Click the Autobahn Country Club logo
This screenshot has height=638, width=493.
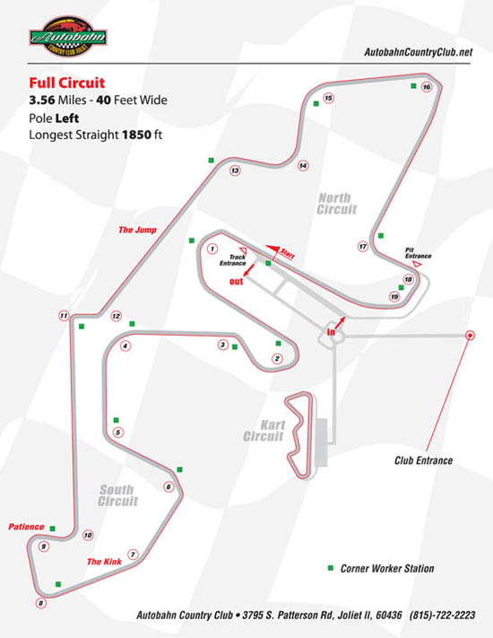click(x=68, y=36)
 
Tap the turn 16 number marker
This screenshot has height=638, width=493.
click(x=427, y=87)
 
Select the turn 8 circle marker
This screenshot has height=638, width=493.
click(x=40, y=603)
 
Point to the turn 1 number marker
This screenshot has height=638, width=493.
click(x=212, y=249)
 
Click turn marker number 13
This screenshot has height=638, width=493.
click(x=235, y=170)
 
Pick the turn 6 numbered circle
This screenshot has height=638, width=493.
click(x=169, y=486)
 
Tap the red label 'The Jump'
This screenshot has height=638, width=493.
click(x=137, y=230)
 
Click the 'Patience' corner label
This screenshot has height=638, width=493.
click(x=26, y=527)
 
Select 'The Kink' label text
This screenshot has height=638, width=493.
click(x=104, y=562)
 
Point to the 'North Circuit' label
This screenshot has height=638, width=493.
click(x=337, y=204)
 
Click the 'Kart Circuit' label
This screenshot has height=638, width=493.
click(x=264, y=431)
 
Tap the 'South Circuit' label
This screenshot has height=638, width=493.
click(x=117, y=495)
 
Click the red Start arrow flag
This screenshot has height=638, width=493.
click(x=273, y=249)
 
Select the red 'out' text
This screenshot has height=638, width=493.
click(x=236, y=282)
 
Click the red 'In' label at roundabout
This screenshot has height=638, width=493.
click(x=332, y=332)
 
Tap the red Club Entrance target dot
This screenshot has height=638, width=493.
click(x=470, y=336)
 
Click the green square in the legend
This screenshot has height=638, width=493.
click(x=331, y=568)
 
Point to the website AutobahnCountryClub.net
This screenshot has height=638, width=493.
click(x=419, y=52)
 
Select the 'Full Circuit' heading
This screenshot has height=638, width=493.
click(x=67, y=83)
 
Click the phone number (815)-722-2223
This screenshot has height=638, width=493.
click(x=442, y=615)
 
